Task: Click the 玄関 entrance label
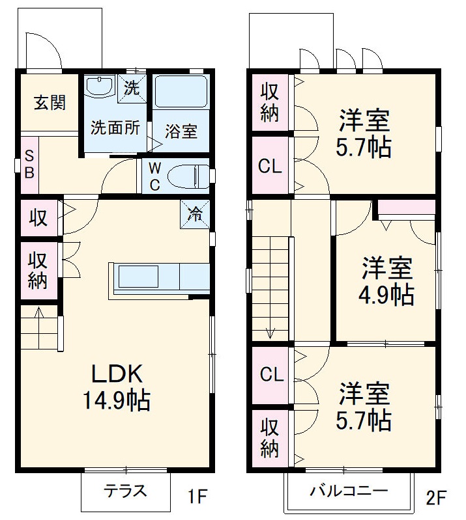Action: pyautogui.click(x=50, y=102)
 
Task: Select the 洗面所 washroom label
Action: pyautogui.click(x=115, y=127)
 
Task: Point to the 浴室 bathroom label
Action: pyautogui.click(x=181, y=131)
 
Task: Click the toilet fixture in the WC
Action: pyautogui.click(x=190, y=176)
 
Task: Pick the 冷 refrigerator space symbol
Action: pyautogui.click(x=195, y=213)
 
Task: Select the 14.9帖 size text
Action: pyautogui.click(x=116, y=400)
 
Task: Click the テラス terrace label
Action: pyautogui.click(x=126, y=491)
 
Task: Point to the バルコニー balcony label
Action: pyautogui.click(x=349, y=491)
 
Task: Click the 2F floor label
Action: pyautogui.click(x=436, y=499)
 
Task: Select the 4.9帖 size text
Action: pyautogui.click(x=386, y=295)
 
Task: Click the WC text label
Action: pyautogui.click(x=154, y=176)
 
